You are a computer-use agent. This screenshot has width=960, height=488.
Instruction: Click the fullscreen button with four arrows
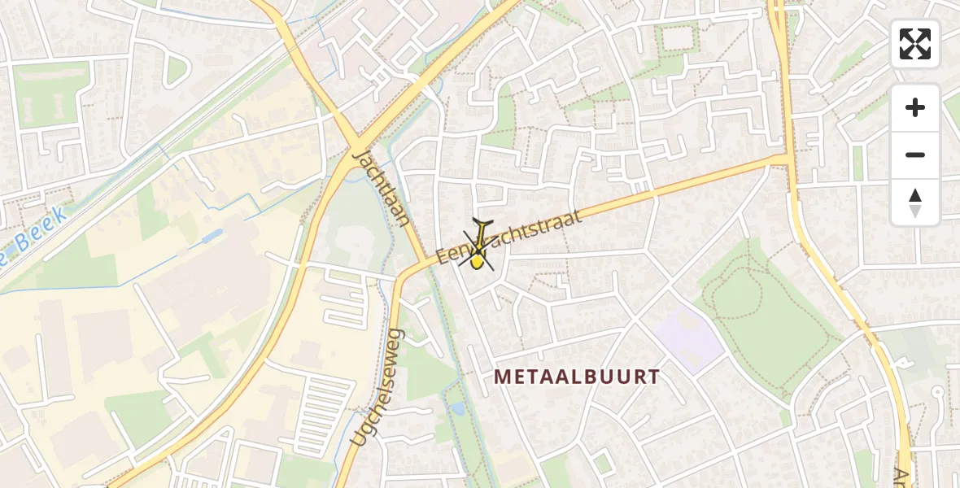915,44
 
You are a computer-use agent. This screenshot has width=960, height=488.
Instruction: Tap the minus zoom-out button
915,155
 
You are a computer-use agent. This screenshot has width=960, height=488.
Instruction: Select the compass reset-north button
915,203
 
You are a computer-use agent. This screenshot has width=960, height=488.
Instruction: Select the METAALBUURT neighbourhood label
576,377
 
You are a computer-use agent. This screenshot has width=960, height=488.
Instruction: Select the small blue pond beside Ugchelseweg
456,408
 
